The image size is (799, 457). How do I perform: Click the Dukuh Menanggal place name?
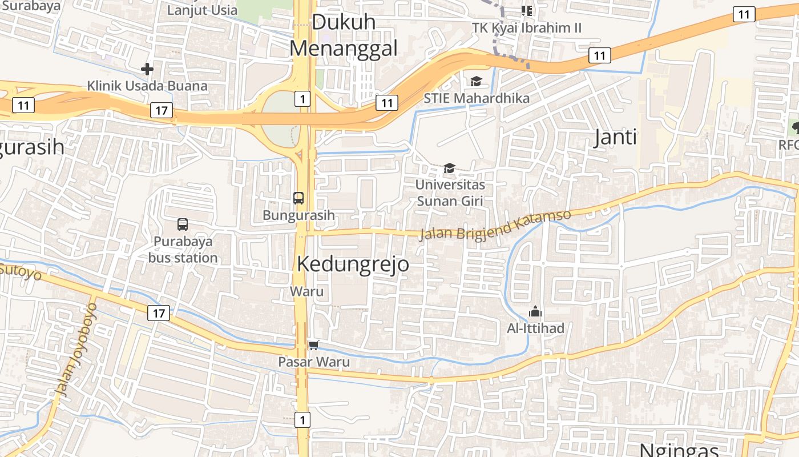(343, 35)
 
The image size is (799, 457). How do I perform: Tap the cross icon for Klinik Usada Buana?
(147, 69)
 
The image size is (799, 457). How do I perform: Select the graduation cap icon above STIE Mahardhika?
(476, 81)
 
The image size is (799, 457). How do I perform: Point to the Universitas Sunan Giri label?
(450, 193)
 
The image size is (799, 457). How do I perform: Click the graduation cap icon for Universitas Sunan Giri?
(450, 168)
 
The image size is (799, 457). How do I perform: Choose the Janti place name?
(615, 138)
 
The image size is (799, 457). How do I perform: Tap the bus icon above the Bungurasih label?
(298, 198)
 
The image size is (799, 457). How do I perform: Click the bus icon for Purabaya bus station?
(183, 225)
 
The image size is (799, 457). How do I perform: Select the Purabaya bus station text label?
(183, 249)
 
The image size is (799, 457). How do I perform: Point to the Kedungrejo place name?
(353, 264)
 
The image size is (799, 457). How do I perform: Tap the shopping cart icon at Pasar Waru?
(313, 345)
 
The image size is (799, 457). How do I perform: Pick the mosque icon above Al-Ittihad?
(535, 312)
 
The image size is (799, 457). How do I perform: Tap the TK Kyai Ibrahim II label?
(527, 27)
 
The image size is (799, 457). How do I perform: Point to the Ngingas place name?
(678, 450)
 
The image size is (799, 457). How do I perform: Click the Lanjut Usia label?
(202, 10)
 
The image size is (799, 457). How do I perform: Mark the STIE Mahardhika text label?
(476, 98)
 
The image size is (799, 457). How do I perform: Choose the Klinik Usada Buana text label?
(147, 86)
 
